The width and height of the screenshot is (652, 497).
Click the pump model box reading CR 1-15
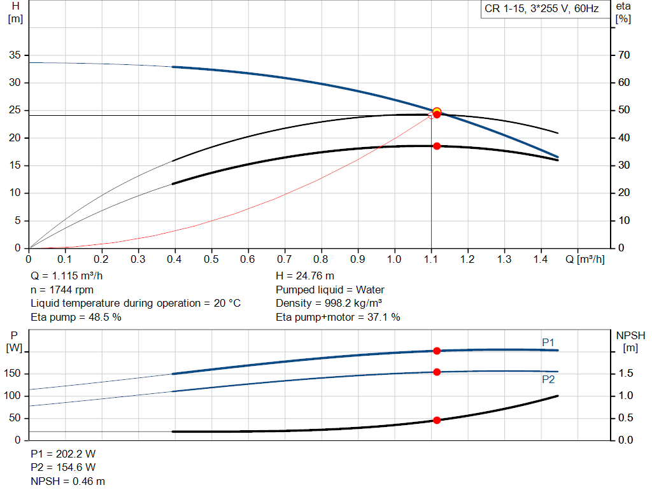(x=542, y=9)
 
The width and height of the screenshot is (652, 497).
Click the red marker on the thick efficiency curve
(x=437, y=146)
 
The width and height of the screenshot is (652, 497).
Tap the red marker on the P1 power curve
(x=437, y=351)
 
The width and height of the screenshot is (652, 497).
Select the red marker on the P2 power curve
(x=437, y=372)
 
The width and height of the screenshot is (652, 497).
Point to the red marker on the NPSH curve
(x=437, y=420)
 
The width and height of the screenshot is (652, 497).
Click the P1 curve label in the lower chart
(x=548, y=342)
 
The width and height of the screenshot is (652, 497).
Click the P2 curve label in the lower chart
(x=548, y=379)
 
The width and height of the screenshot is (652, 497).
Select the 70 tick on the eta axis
(x=623, y=55)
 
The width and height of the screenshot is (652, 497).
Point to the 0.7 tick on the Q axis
(x=285, y=260)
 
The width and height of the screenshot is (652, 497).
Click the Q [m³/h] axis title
(x=585, y=260)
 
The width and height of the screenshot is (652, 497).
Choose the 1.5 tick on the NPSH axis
(x=627, y=374)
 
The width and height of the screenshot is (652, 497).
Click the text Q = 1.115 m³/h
(x=66, y=276)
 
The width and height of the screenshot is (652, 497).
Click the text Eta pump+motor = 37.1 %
(x=338, y=317)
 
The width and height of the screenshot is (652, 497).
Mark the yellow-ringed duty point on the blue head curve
(x=437, y=112)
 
